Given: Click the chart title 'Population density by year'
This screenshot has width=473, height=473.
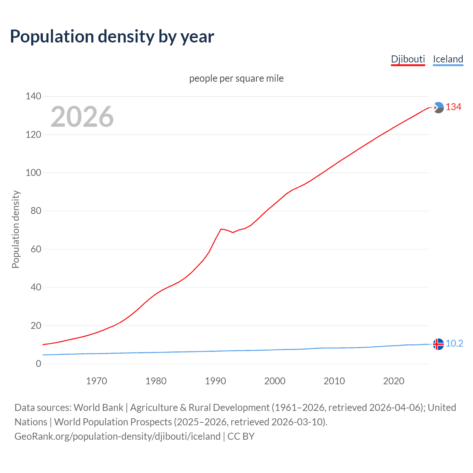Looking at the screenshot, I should click(112, 37).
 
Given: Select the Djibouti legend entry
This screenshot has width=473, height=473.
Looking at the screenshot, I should click(408, 59).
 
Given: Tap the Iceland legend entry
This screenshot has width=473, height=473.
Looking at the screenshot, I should click(448, 59).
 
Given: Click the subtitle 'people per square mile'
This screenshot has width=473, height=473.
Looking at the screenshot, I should click(236, 78).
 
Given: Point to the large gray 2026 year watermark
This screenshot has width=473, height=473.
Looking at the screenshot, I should click(82, 117).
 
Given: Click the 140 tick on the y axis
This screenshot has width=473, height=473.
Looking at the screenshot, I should click(33, 96).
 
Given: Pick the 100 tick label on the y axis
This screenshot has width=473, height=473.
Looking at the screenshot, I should click(33, 173).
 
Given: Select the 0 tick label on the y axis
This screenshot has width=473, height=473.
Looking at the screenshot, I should click(38, 364).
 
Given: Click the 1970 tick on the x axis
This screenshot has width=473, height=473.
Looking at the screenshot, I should click(96, 381).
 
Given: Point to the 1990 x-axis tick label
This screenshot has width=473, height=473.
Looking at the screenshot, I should click(215, 381).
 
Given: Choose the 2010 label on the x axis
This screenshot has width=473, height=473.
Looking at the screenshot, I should click(334, 381).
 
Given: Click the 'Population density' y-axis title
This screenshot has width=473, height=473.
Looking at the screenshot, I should click(16, 229).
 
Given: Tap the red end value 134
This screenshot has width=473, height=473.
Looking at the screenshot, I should click(453, 107).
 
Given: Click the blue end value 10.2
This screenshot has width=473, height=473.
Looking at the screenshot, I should click(454, 344).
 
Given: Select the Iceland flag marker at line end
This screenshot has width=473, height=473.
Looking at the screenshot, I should click(438, 344).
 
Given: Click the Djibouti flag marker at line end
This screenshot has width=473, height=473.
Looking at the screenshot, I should click(438, 108).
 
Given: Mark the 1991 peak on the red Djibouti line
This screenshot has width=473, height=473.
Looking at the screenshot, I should click(221, 229).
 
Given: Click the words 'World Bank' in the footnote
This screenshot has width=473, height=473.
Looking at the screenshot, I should click(98, 408).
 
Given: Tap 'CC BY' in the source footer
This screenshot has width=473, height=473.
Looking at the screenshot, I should click(241, 436).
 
